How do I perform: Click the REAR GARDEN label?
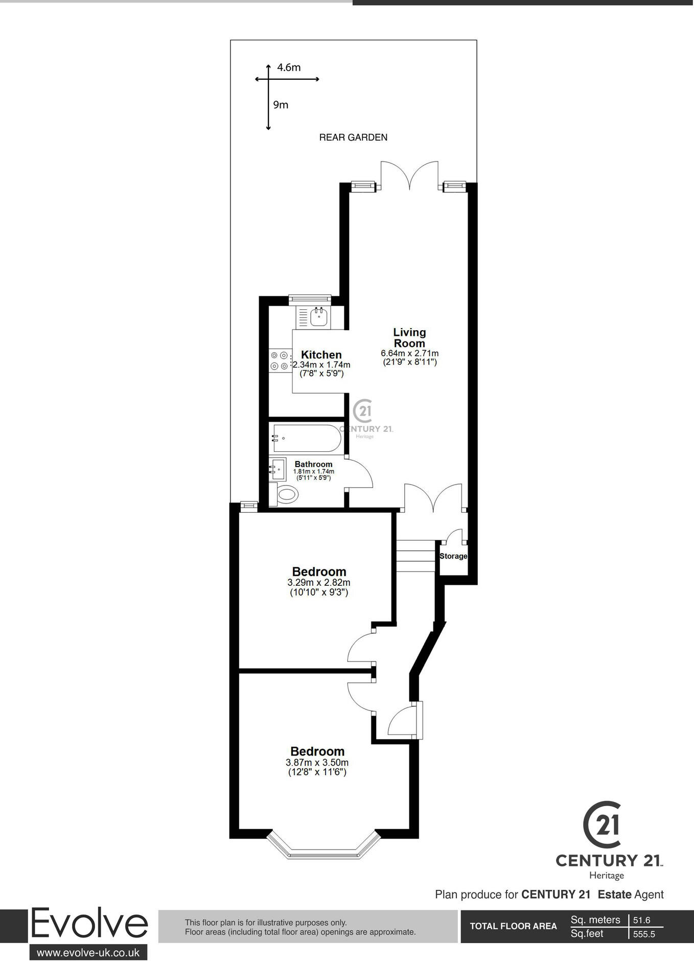353,137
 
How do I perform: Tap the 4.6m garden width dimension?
289,67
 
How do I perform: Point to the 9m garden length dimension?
281,105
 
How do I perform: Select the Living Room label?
409,338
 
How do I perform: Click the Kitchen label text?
321,355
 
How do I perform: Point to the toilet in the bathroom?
286,494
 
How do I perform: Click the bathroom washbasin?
279,468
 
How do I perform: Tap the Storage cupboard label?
453,556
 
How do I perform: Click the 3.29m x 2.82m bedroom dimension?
319,583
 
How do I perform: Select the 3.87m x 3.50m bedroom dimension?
317,762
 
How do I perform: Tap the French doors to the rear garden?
409,176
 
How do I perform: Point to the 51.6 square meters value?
641,920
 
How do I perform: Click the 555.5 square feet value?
644,934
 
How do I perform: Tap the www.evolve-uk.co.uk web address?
88,952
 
